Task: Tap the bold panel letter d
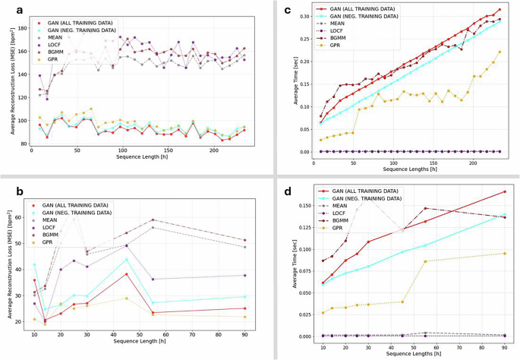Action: (x=266, y=193)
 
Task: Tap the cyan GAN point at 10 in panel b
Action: (x=34, y=264)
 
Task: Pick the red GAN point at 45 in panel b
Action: (x=126, y=274)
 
